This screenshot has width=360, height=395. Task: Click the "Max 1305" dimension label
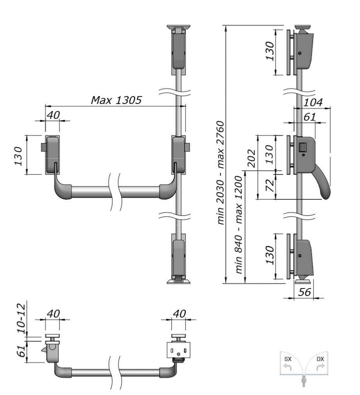click(x=116, y=100)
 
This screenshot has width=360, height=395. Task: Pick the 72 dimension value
click(x=270, y=185)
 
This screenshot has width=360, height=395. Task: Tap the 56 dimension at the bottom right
click(x=304, y=292)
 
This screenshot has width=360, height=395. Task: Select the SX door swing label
click(x=288, y=359)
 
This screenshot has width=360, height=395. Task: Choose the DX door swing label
click(x=320, y=359)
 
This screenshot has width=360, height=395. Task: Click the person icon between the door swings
click(x=304, y=381)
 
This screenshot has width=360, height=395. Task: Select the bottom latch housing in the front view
click(x=179, y=255)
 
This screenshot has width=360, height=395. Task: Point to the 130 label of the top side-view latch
click(x=270, y=51)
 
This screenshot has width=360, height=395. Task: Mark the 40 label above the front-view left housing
click(x=53, y=115)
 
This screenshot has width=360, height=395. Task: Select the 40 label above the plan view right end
click(x=179, y=314)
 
